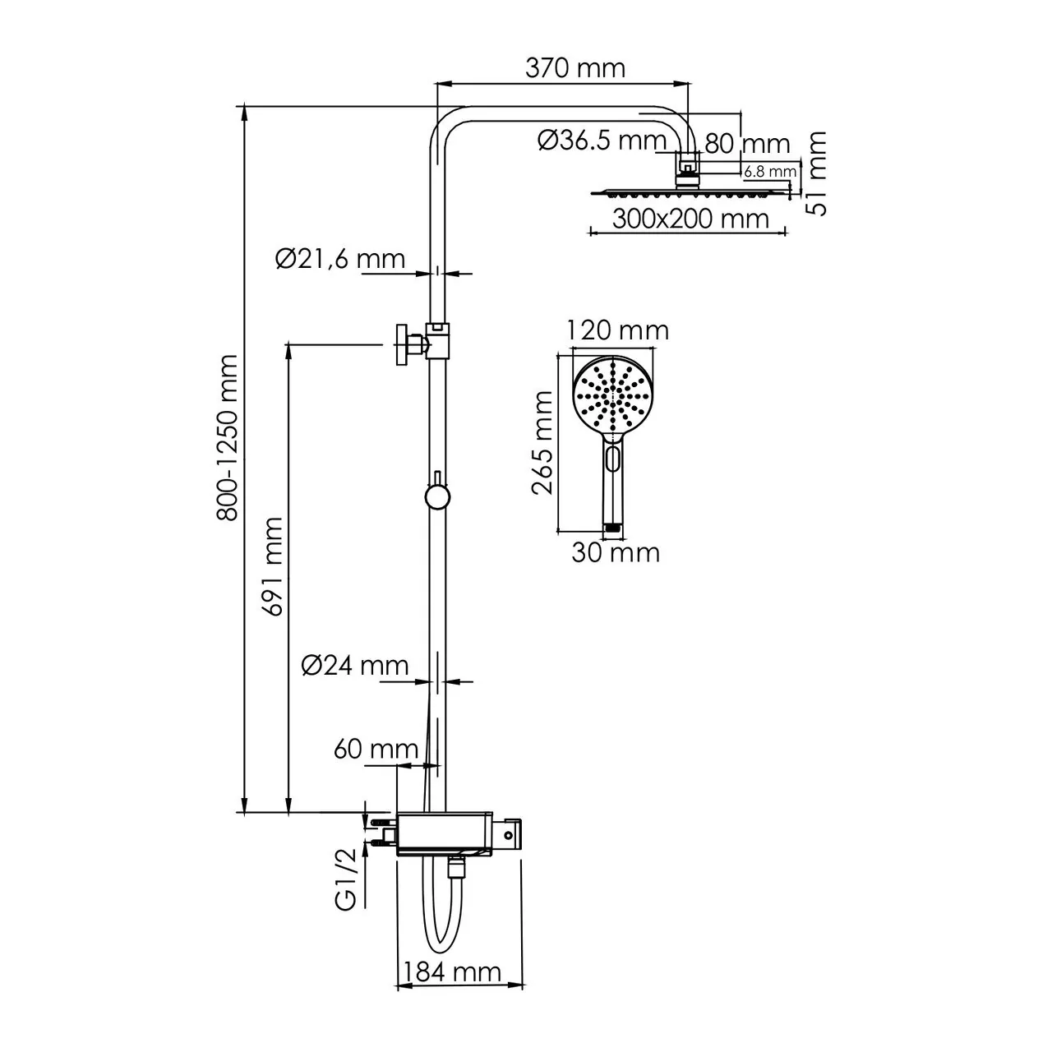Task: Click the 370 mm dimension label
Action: [x=574, y=67]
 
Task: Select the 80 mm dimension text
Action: [x=747, y=144]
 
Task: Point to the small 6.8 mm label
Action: [x=770, y=172]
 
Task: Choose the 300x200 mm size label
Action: [x=690, y=219]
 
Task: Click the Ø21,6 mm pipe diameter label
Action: [x=340, y=259]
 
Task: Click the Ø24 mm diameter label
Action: [x=355, y=665]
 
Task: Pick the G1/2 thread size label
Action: [x=346, y=879]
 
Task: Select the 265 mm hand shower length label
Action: [x=542, y=442]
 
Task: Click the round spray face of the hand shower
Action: [x=612, y=395]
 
